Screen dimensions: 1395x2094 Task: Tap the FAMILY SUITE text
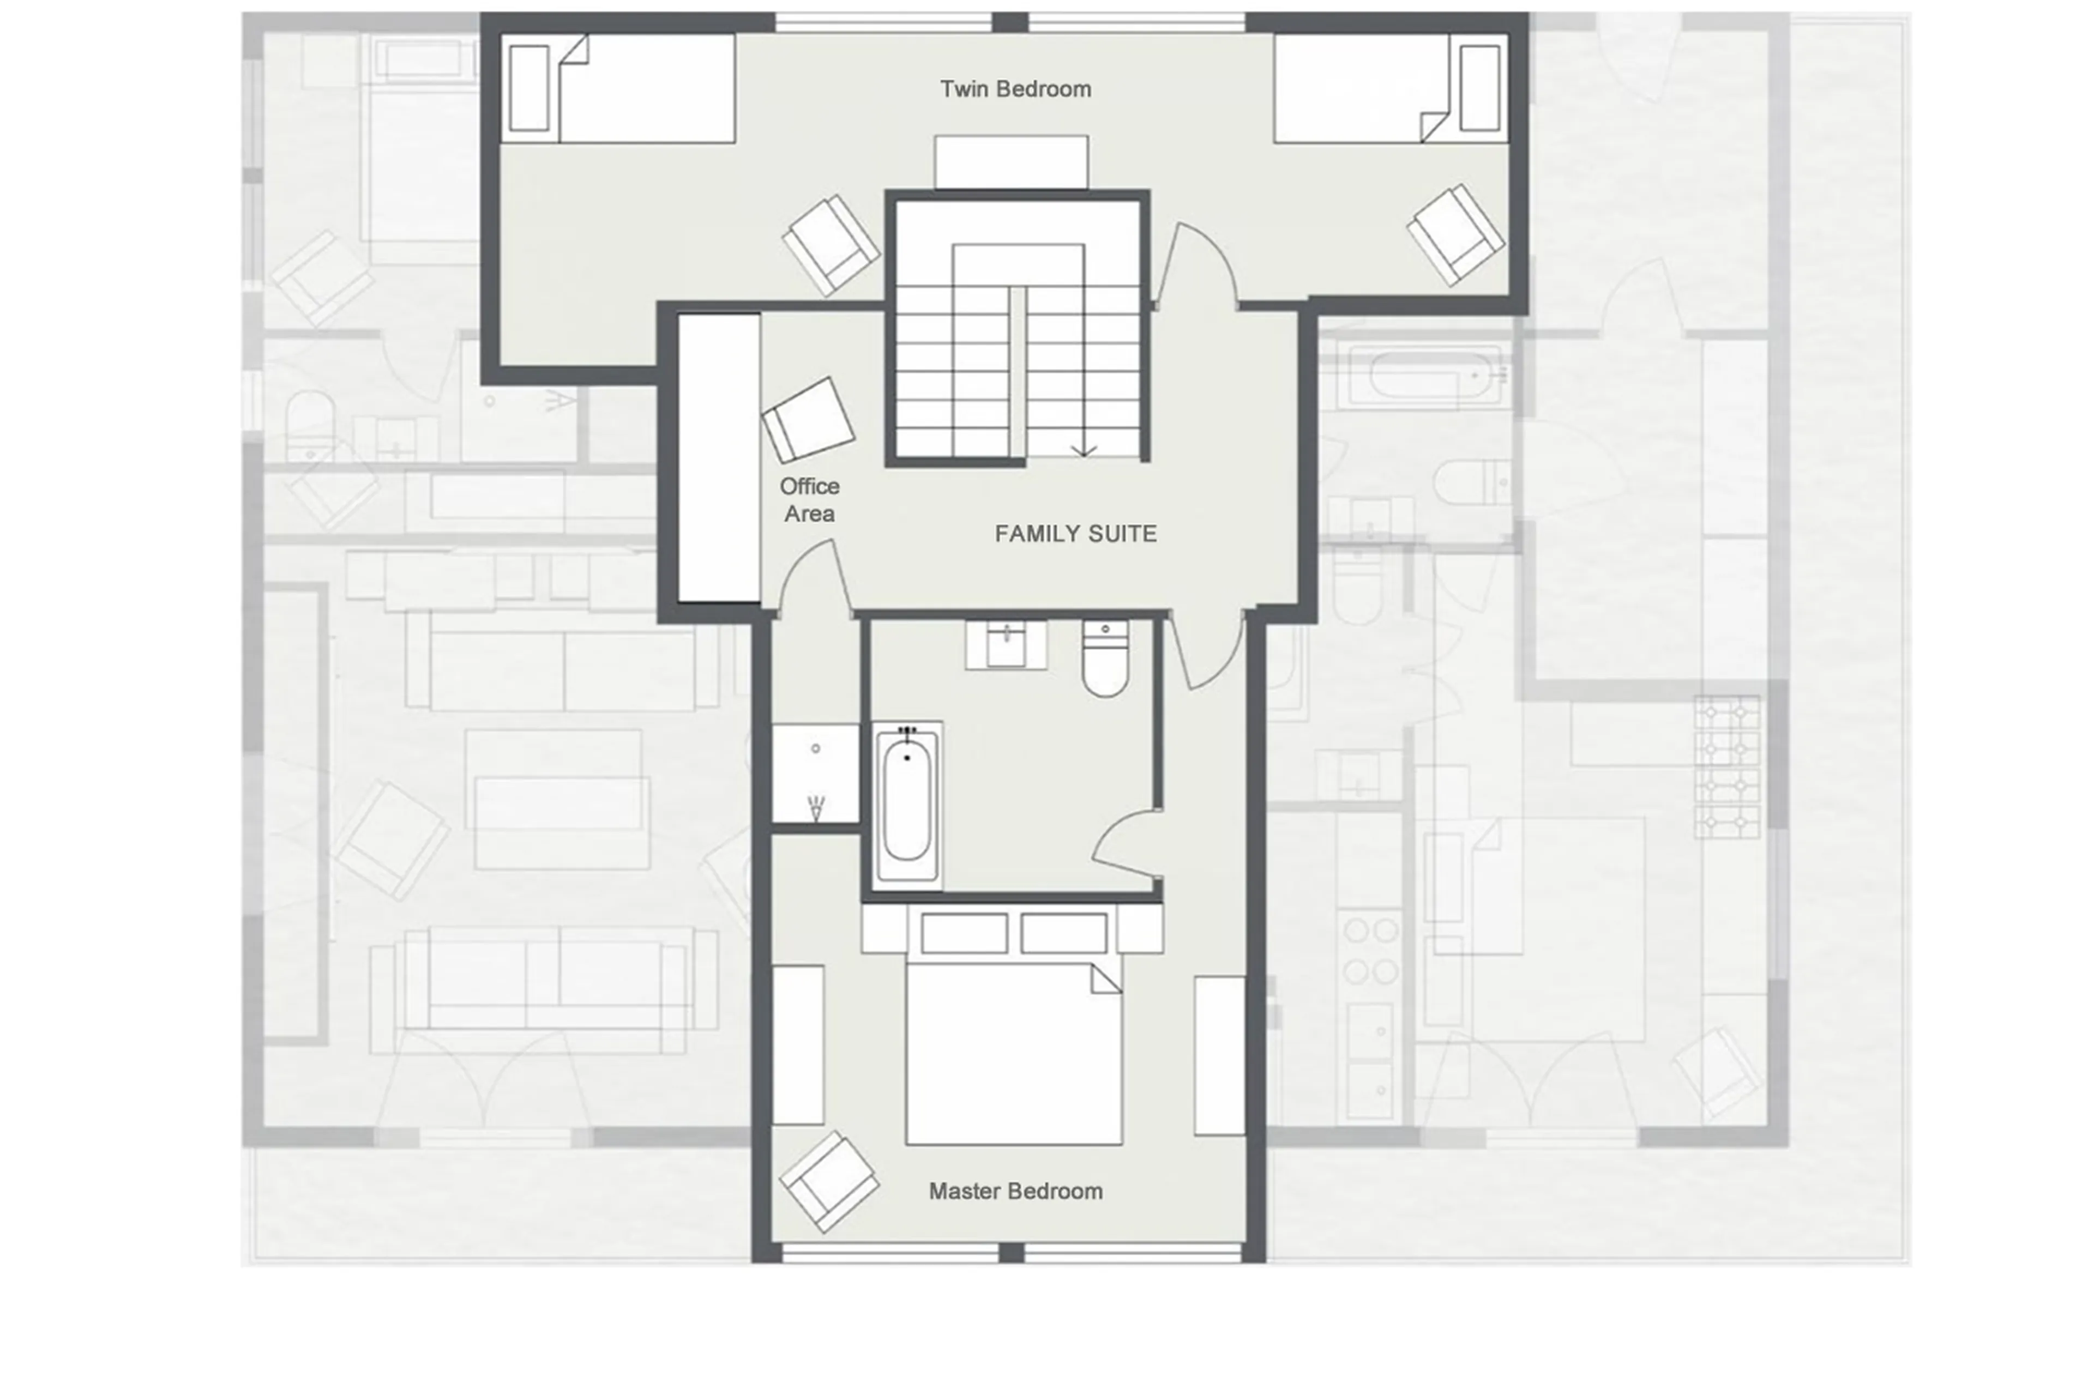1075,534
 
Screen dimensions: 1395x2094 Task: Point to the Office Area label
809,500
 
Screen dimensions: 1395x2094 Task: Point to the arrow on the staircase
1083,449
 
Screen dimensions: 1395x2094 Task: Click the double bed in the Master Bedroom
1014,1054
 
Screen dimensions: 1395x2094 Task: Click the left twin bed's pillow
528,88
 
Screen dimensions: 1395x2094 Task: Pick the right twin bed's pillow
1479,88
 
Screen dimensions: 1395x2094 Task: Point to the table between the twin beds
1011,162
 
